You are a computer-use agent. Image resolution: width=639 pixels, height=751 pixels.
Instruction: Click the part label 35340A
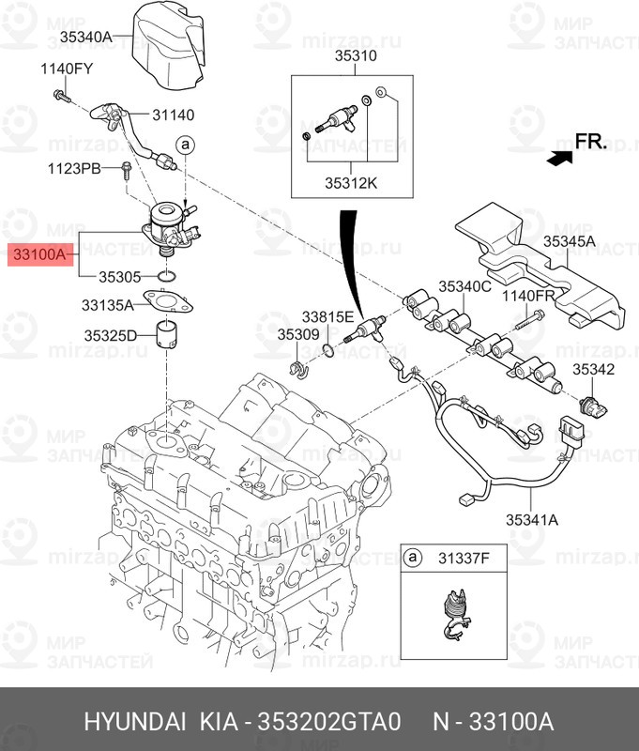[85, 37]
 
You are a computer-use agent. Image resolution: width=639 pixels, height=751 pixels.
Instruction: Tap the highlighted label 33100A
[38, 254]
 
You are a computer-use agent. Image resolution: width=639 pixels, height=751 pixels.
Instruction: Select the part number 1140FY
[67, 68]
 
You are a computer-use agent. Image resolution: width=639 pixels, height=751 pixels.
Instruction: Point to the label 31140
[174, 115]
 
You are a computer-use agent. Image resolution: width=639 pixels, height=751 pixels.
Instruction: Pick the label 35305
[119, 277]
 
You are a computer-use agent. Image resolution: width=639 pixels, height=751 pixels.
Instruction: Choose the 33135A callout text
[107, 304]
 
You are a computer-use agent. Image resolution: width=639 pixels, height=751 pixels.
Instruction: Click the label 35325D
[111, 335]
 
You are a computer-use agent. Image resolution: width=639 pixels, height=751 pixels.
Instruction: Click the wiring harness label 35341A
[532, 518]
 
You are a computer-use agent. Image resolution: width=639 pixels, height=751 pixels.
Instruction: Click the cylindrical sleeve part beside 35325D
[168, 335]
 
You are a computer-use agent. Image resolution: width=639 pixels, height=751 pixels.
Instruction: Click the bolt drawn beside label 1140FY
[62, 94]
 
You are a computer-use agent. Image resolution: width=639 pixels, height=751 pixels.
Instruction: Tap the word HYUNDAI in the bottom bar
[136, 722]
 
